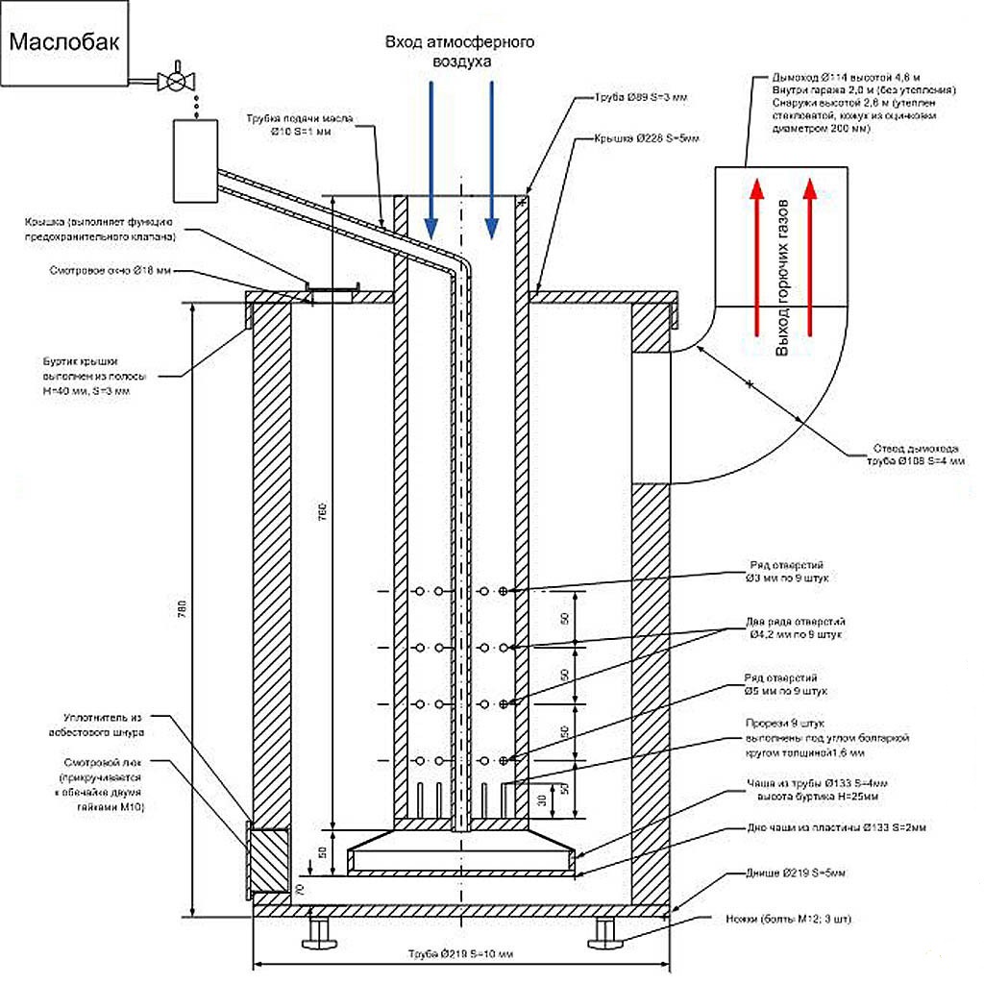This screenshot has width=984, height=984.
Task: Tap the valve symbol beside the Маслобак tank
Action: (176, 79)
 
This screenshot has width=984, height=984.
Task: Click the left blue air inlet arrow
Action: (430, 160)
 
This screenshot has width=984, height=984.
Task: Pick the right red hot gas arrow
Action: (810, 259)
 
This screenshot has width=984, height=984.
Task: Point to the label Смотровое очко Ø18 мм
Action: (111, 272)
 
